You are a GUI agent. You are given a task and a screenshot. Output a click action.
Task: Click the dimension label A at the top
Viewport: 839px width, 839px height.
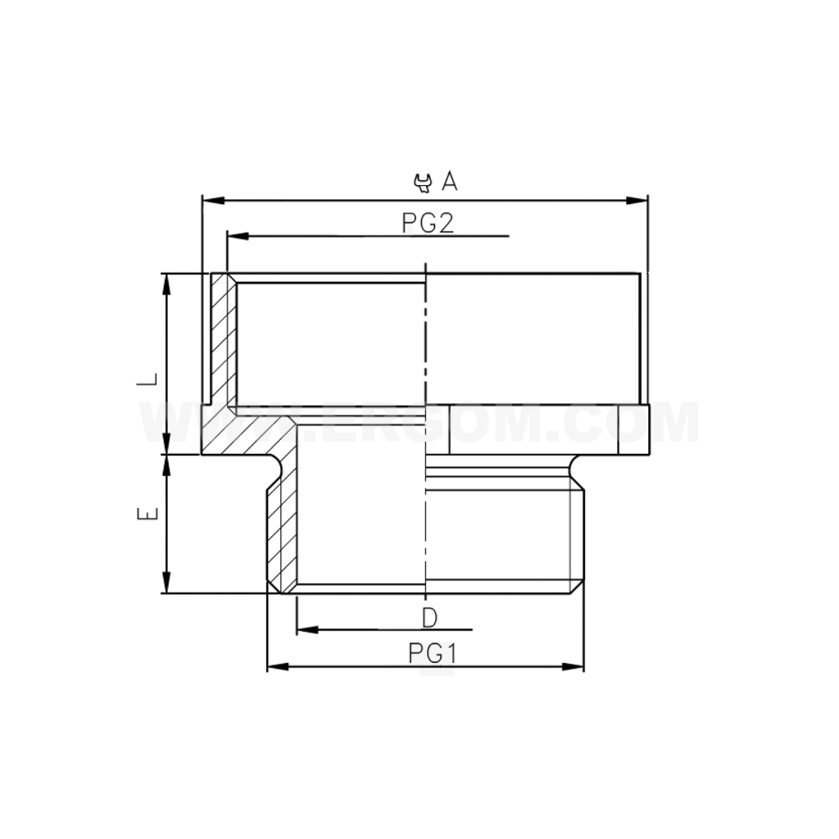[x=449, y=181]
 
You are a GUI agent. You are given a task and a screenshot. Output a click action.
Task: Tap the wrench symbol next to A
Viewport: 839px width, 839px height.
[x=423, y=182]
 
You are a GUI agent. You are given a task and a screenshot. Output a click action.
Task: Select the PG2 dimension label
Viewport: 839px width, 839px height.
[x=428, y=223]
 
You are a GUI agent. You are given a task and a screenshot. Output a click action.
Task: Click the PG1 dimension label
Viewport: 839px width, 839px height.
[x=432, y=654]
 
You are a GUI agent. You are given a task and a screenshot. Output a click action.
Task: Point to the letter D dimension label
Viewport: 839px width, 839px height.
[x=430, y=617]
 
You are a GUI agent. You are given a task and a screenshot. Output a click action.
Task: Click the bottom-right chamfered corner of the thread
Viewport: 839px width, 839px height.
[x=578, y=587]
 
